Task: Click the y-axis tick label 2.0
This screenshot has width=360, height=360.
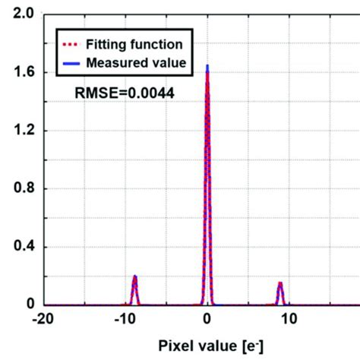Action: [x=17, y=14]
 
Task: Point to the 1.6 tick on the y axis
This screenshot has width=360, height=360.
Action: [x=17, y=72]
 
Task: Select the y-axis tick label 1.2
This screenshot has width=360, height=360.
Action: [x=17, y=131]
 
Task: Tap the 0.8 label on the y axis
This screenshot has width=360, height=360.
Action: [x=17, y=189]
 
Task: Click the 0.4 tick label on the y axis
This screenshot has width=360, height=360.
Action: [x=17, y=247]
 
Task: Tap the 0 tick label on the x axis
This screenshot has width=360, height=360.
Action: [x=208, y=320]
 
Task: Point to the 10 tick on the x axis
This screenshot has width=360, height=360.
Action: [x=289, y=320]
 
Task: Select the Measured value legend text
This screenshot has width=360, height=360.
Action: [x=136, y=62]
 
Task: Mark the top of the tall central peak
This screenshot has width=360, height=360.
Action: [x=208, y=67]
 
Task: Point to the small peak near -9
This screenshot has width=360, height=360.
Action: [x=134, y=276]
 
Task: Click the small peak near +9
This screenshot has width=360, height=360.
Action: [x=280, y=284]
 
